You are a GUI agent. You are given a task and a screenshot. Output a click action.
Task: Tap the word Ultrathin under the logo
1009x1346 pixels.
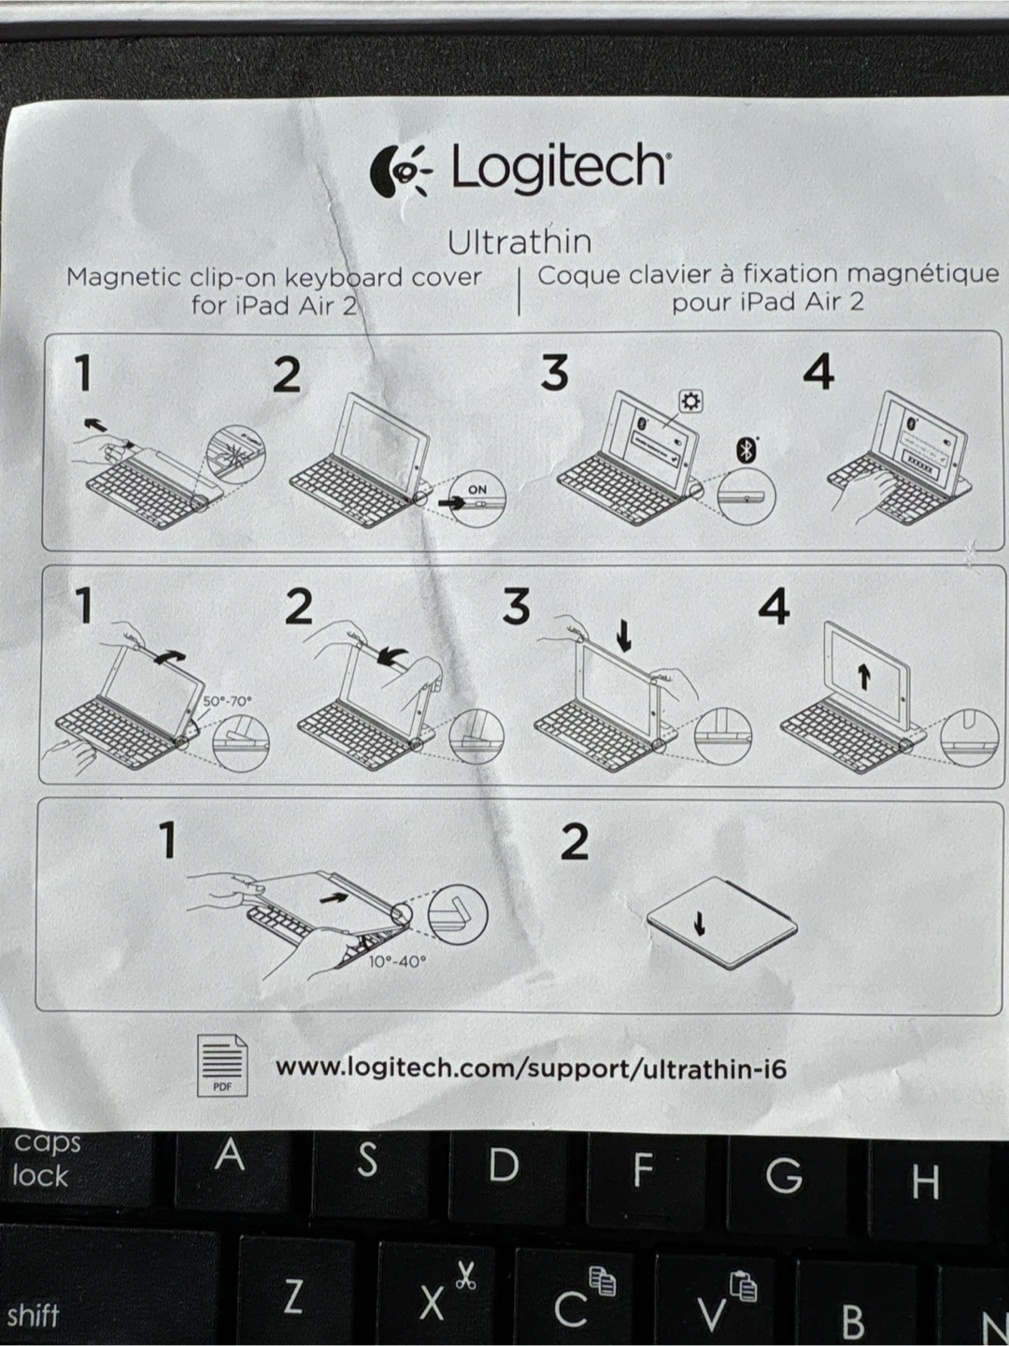tap(519, 242)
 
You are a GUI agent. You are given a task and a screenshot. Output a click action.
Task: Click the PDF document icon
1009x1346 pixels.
tap(222, 1067)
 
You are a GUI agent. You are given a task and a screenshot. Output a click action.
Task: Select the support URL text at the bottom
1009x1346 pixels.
tap(531, 1068)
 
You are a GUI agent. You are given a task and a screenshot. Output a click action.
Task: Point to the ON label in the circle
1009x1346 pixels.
tap(477, 490)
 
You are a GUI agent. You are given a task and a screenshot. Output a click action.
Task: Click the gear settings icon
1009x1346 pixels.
tap(691, 402)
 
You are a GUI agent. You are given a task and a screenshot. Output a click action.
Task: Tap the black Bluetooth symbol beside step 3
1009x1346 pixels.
tap(746, 451)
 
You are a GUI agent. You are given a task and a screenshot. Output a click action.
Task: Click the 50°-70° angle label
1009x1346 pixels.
tap(227, 701)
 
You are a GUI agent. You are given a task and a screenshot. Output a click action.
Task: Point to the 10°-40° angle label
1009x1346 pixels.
tap(397, 961)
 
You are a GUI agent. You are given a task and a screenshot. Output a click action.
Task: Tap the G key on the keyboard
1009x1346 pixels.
tap(784, 1174)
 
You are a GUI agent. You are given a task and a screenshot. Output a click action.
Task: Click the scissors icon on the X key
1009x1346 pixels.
tap(465, 1276)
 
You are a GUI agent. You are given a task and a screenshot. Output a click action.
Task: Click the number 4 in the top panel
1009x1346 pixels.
tap(818, 372)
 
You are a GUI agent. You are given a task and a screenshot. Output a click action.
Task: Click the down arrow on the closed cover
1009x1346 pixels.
tap(699, 923)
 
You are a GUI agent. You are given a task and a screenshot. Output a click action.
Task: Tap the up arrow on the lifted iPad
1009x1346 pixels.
tap(864, 677)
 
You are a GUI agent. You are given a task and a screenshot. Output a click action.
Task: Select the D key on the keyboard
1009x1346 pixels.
tap(504, 1165)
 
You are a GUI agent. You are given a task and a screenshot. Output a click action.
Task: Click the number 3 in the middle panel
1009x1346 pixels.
tap(516, 607)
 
